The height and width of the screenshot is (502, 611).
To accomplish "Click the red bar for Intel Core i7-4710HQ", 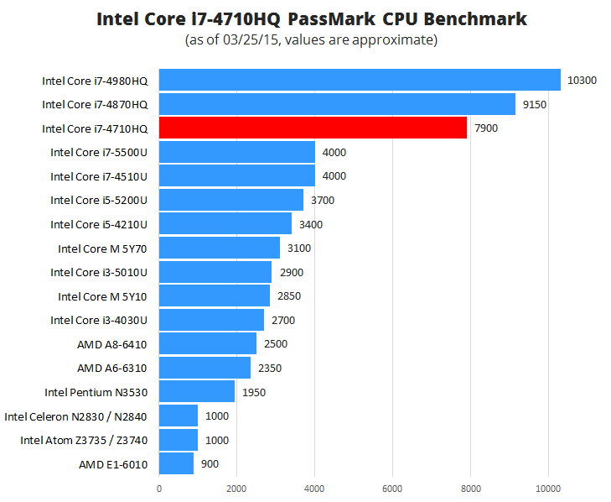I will click(313, 128).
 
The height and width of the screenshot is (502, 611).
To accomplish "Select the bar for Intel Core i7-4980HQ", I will click(360, 80).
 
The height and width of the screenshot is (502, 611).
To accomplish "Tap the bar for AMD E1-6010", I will click(176, 464).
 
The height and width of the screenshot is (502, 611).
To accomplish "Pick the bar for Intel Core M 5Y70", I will click(220, 248).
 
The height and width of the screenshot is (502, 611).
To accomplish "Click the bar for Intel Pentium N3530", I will click(197, 392).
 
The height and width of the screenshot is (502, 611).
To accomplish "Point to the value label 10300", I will click(582, 81).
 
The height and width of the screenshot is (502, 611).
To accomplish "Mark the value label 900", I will click(210, 464).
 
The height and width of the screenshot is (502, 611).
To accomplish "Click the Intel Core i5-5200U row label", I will click(99, 200).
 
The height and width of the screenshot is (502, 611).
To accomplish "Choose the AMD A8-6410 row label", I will click(112, 344).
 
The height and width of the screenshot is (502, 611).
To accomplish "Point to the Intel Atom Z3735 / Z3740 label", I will click(84, 440).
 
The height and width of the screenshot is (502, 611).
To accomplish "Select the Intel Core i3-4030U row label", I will click(99, 320).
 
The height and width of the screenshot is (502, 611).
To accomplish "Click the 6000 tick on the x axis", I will click(392, 486).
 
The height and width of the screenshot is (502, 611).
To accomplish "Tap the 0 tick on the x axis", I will click(159, 486).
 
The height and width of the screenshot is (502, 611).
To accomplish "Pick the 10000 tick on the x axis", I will click(548, 486).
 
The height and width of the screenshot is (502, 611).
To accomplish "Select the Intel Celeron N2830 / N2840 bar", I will click(179, 416).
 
